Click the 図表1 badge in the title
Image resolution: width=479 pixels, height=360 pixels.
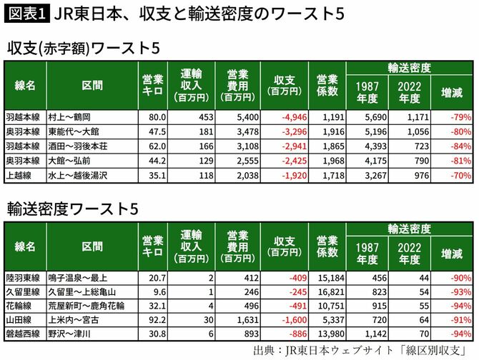click(x=27, y=13)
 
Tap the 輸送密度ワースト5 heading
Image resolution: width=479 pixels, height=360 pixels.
click(x=73, y=208)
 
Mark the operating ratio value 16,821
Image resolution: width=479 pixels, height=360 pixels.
click(x=328, y=291)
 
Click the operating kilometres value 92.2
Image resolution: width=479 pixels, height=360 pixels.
click(x=155, y=319)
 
